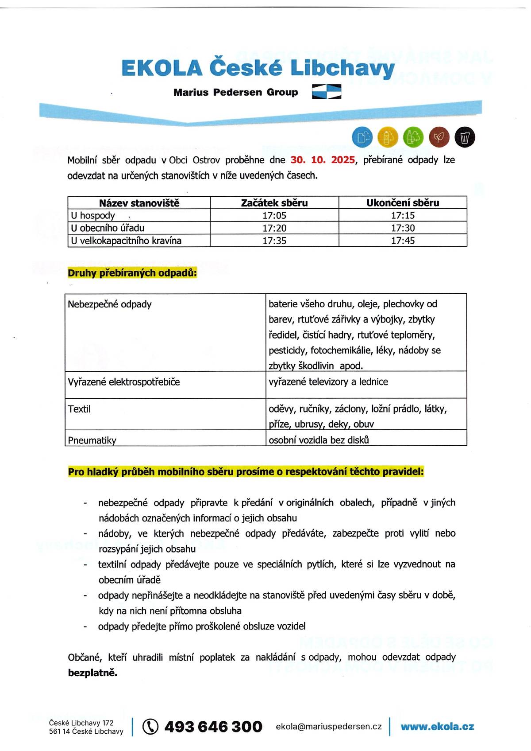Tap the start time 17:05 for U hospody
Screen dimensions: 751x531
point(274,215)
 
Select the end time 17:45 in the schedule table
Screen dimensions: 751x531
point(403,241)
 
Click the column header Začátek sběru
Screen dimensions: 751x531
point(274,203)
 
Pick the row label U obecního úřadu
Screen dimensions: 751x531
point(108,228)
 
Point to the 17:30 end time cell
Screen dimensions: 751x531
point(403,228)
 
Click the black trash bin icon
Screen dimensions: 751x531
point(465,137)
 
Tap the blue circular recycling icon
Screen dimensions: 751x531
point(362,137)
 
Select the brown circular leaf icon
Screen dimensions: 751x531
point(439,137)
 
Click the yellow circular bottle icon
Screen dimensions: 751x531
point(388,137)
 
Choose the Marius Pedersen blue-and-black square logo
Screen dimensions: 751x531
point(327,92)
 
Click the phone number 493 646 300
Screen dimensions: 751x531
point(213,727)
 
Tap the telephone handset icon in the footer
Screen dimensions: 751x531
point(150,727)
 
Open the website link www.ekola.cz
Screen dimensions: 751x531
point(437,727)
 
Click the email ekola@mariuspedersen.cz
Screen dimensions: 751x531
point(328,727)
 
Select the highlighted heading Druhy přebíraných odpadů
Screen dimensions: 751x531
point(132,273)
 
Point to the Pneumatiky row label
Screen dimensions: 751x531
point(92,440)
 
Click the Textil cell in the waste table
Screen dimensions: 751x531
point(80,409)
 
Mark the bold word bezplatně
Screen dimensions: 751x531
point(92,673)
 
